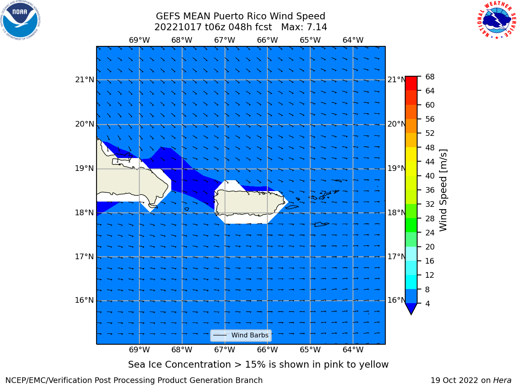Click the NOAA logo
point(20,20)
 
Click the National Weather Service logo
point(496,20)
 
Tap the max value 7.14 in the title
point(315,27)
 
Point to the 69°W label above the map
point(139,40)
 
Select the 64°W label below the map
point(353,350)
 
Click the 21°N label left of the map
point(85,80)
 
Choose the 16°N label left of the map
point(84,300)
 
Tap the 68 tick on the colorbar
point(430,77)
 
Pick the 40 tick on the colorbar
point(430,176)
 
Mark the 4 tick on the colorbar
point(427,304)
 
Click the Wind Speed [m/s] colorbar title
point(443,190)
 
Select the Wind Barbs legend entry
point(241,335)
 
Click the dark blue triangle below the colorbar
point(411,308)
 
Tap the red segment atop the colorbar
point(411,83)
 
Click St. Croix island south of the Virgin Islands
point(321,225)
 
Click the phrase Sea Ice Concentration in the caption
point(179,365)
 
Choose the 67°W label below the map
point(225,350)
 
